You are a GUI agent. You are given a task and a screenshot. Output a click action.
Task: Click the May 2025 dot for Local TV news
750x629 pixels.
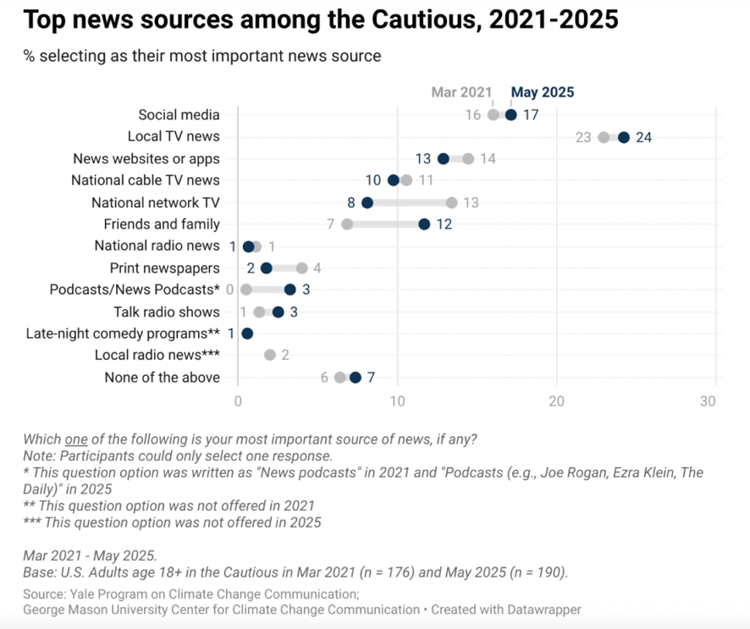624,137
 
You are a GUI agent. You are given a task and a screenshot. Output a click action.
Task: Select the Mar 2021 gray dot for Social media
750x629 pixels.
494,115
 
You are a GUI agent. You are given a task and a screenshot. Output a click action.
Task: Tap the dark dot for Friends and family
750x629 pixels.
424,224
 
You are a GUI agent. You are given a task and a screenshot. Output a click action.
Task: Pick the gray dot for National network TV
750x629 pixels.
452,202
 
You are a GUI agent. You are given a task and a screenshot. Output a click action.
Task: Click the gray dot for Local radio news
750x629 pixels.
270,355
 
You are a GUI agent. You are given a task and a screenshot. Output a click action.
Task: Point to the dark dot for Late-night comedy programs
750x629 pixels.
247,333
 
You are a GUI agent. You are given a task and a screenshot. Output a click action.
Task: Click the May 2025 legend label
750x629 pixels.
543,92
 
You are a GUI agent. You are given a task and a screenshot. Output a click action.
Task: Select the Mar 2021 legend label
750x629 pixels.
461,92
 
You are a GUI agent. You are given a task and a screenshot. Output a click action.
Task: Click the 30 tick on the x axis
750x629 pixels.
708,400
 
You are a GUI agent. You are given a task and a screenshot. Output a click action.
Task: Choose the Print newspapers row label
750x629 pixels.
165,268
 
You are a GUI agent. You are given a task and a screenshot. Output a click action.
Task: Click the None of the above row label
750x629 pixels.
162,378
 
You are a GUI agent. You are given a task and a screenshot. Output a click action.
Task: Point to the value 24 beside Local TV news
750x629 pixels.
643,137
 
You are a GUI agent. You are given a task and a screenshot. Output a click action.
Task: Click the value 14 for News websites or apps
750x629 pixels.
488,158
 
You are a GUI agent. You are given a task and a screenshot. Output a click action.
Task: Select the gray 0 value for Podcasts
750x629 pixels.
229,290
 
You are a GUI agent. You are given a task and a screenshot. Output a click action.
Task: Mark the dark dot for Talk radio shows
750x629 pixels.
278,312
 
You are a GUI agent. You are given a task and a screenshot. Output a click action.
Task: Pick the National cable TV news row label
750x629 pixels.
146,180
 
